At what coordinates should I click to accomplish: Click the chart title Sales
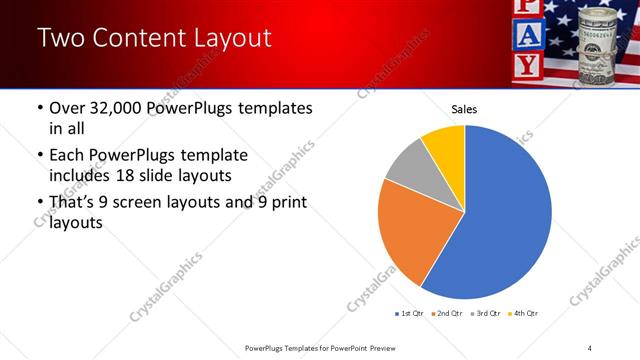click(464, 108)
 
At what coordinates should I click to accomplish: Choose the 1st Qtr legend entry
click(410, 314)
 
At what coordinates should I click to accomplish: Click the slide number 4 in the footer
click(590, 347)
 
